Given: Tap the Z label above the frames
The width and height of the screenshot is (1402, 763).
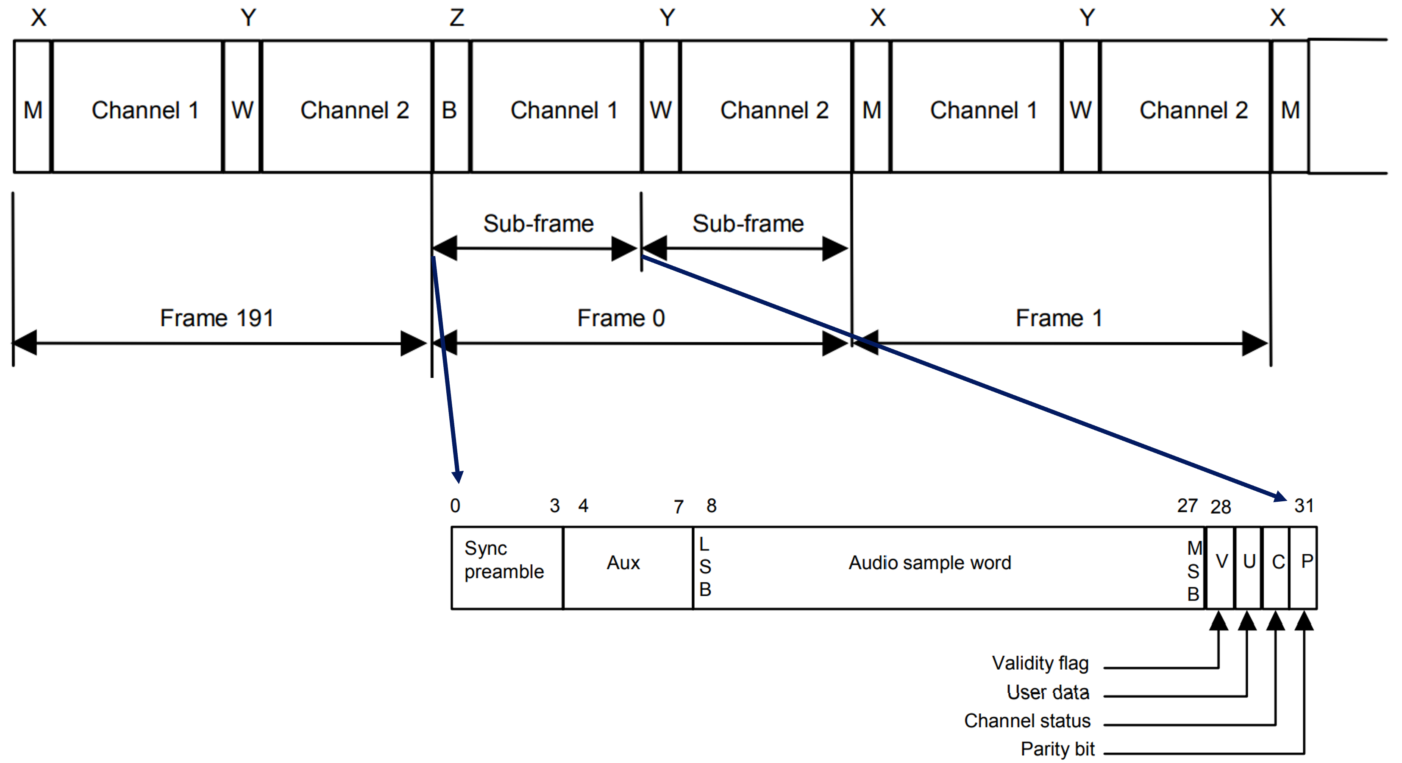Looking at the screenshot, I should [456, 18].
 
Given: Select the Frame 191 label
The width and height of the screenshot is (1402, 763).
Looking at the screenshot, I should [217, 318].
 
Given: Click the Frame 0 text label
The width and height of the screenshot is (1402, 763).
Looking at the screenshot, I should [621, 318].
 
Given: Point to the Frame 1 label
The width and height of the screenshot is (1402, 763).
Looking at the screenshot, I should [1059, 318].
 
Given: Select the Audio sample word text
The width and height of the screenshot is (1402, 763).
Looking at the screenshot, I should [929, 562].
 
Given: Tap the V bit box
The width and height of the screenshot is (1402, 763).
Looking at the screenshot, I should [1221, 567].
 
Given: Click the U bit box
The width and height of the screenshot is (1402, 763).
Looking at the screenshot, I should [1249, 567].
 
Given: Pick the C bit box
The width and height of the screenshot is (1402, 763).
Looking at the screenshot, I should [1277, 567].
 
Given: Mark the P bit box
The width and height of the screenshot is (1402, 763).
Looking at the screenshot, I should [1305, 567].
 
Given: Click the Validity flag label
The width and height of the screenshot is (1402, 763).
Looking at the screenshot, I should [1040, 663].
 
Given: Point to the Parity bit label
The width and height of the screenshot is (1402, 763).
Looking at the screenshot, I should [1057, 749].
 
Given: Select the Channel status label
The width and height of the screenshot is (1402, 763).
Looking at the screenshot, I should [1027, 721].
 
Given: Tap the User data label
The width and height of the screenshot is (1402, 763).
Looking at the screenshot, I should [1048, 692].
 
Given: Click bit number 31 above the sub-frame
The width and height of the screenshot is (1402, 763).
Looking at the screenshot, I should [1304, 506].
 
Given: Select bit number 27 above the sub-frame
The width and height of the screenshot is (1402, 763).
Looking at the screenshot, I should [1187, 506].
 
